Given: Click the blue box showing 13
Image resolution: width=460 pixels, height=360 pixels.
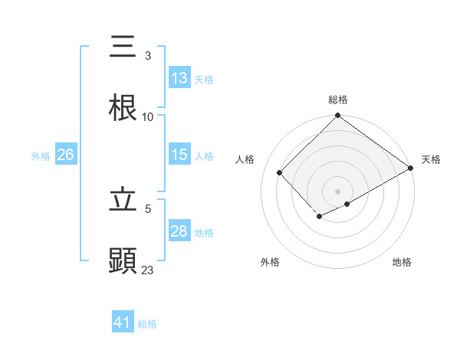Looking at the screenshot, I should [x=179, y=78].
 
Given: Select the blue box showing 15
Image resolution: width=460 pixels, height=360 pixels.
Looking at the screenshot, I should [x=179, y=155].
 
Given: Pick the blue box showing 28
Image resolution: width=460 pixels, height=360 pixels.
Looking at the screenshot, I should [x=179, y=231].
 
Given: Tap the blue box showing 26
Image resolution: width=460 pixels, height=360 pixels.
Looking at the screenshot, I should [x=65, y=155].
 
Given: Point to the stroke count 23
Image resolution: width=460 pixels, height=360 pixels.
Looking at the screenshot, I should [x=148, y=270].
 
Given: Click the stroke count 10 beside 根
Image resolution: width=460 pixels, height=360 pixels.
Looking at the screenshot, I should [x=148, y=116].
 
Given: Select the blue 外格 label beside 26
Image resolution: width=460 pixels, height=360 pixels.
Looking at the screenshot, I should [x=41, y=155].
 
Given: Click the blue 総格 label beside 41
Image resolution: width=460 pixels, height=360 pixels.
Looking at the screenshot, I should [x=147, y=323].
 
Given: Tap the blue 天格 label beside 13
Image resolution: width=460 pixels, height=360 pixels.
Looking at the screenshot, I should [x=204, y=79].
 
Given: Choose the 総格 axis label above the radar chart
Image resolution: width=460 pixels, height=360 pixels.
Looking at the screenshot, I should [x=338, y=100].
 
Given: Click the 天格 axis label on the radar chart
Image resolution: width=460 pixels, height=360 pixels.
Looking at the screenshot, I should [x=432, y=159].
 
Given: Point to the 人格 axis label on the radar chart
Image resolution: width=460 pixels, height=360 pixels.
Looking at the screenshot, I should [x=245, y=159].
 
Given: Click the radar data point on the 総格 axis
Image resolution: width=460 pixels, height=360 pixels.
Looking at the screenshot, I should [x=338, y=116].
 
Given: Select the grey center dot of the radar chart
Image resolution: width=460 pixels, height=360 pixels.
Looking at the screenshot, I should [x=338, y=191].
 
